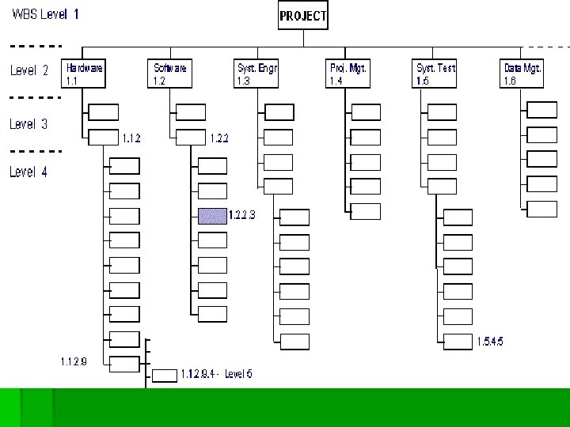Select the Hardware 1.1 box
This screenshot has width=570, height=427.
(x=85, y=74)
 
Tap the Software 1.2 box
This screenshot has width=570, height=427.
(x=170, y=74)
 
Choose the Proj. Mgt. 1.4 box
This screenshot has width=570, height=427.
(x=348, y=74)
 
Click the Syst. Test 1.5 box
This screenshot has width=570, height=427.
(x=435, y=74)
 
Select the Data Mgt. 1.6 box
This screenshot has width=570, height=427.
(x=522, y=74)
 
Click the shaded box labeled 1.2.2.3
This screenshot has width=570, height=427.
(x=212, y=216)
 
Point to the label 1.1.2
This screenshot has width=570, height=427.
(x=131, y=138)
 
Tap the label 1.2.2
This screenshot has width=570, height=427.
(x=219, y=138)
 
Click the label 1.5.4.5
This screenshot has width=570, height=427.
(x=489, y=342)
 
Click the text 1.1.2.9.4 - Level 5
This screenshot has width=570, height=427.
(x=216, y=373)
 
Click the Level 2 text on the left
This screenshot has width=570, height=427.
(x=29, y=70)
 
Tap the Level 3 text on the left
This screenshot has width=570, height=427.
(x=28, y=124)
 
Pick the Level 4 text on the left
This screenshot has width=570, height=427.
(x=28, y=172)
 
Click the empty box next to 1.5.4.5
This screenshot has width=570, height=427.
(x=458, y=342)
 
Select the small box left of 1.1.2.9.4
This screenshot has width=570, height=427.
(x=165, y=375)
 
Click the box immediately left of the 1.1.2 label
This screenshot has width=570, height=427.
(x=104, y=137)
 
